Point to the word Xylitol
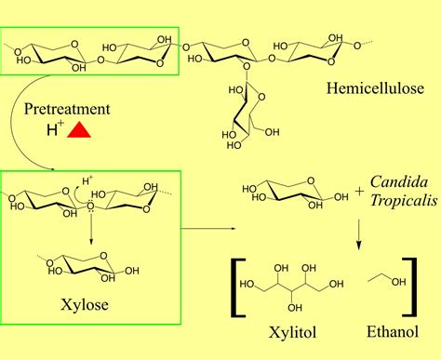point(283,332)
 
